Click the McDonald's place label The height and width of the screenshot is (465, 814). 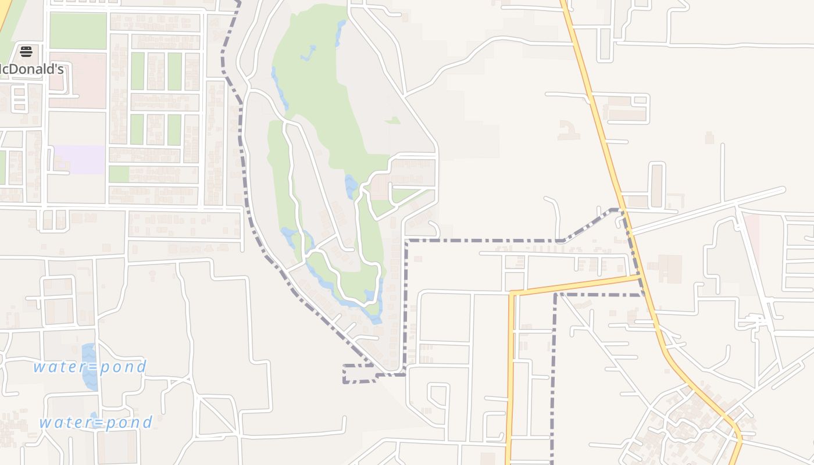31,69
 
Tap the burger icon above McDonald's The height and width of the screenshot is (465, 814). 26,52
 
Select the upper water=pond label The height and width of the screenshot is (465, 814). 90,367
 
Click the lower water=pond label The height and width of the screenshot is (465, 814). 96,422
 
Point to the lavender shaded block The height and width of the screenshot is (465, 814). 79,159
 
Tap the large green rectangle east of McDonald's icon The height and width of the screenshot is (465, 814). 78,31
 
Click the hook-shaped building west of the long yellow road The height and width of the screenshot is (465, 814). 569,130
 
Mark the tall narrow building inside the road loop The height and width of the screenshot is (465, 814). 656,185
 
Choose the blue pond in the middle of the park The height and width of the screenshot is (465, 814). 351,187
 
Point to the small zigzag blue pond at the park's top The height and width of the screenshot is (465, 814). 309,53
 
